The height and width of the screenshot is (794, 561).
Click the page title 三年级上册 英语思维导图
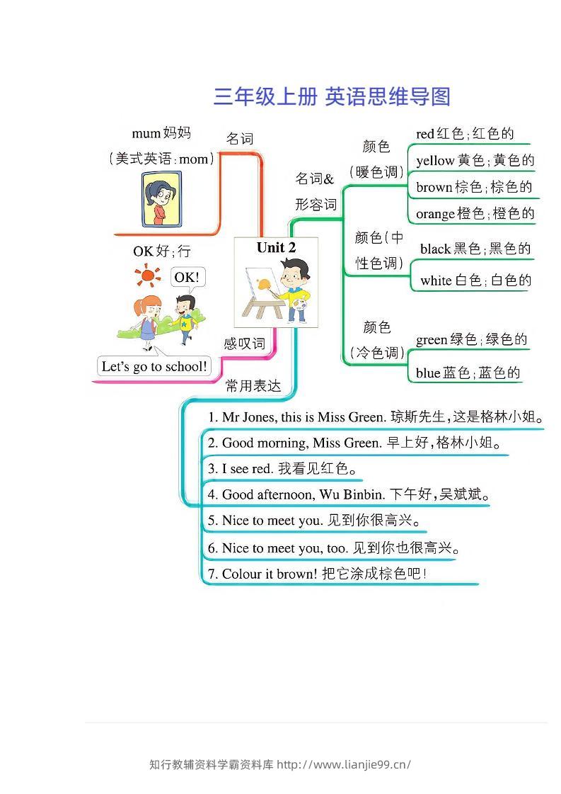331,96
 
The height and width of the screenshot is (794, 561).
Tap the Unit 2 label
276,247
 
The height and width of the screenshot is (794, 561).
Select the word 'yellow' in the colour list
435,161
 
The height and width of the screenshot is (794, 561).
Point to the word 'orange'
435,214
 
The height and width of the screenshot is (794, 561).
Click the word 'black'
435,249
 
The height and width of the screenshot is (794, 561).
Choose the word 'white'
436,280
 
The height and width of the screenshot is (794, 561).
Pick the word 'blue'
428,373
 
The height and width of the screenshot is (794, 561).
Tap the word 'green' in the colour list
432,340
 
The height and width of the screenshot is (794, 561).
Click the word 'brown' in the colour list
434,188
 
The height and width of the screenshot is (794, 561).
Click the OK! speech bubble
187,278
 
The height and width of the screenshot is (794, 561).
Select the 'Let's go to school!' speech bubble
154,366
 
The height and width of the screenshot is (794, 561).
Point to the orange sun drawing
147,276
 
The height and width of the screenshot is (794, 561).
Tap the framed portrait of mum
161,200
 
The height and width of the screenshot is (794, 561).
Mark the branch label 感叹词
244,344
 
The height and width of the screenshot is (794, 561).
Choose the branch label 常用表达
253,386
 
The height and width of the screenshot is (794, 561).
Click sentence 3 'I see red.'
241,468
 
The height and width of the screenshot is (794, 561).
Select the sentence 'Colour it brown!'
262,574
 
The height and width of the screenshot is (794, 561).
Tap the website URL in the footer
344,764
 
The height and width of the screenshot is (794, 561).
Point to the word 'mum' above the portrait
146,133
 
